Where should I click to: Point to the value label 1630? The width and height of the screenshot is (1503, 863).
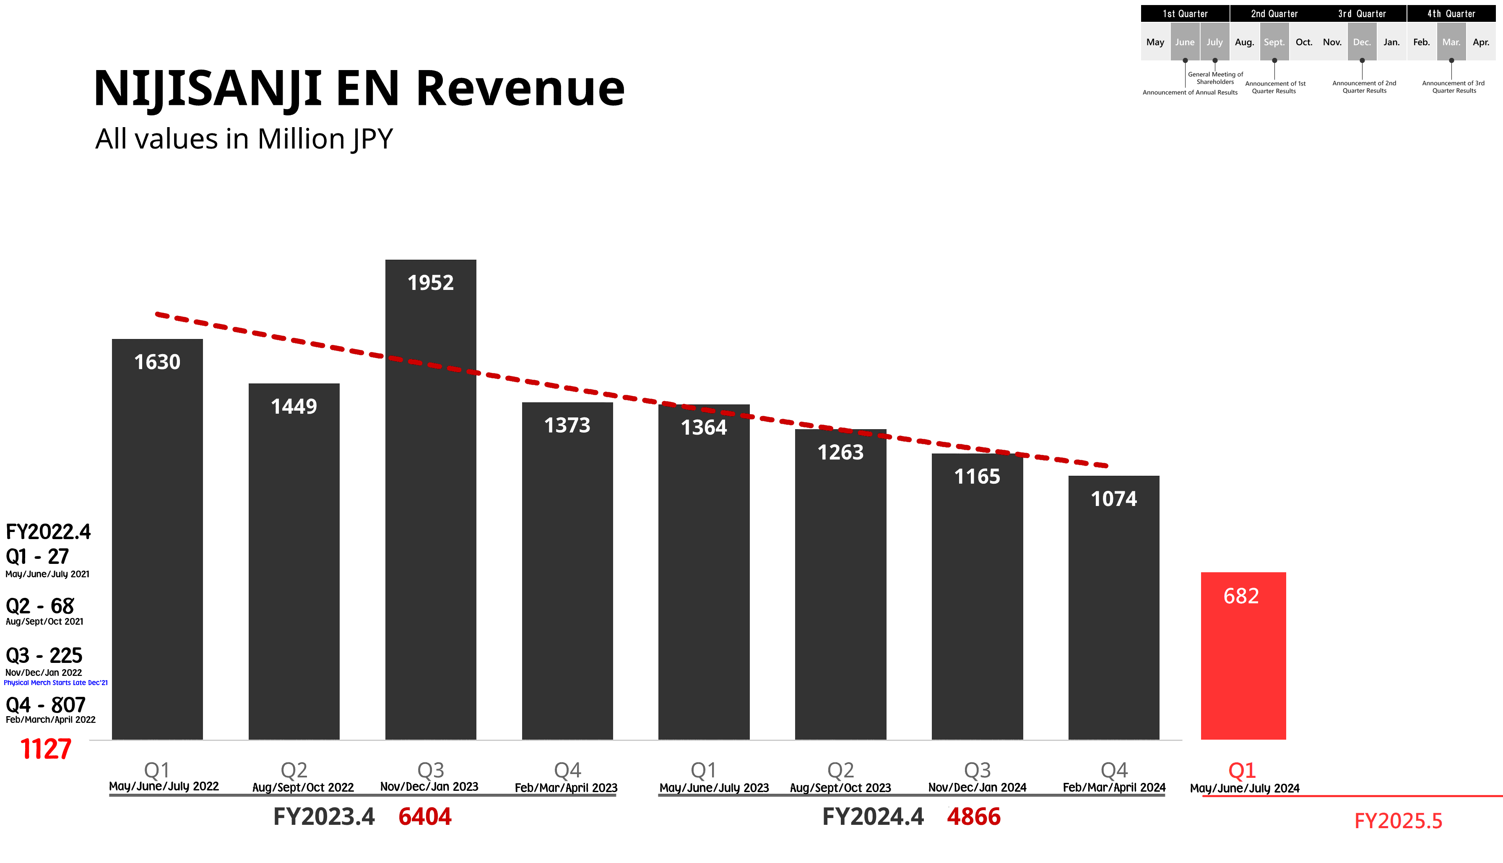coord(157,362)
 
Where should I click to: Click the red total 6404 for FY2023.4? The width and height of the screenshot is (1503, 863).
coord(425,817)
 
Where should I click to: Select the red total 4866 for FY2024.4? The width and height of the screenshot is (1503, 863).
coord(973,817)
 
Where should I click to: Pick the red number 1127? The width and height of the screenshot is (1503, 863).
coord(46,749)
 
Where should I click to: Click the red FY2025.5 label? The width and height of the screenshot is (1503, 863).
coord(1398,821)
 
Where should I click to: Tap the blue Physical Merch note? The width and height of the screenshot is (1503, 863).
coord(56,683)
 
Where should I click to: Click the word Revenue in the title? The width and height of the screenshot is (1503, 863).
coord(520,89)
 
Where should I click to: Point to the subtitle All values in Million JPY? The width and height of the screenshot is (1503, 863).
coord(244,139)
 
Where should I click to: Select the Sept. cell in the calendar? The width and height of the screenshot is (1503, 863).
coord(1274,42)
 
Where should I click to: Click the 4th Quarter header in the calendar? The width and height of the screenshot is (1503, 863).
coord(1451,13)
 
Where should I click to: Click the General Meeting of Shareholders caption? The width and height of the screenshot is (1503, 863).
coord(1215,78)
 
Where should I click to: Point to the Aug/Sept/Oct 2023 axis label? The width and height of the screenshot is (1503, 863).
coord(840,788)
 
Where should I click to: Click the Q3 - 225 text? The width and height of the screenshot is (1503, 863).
coord(44,656)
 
